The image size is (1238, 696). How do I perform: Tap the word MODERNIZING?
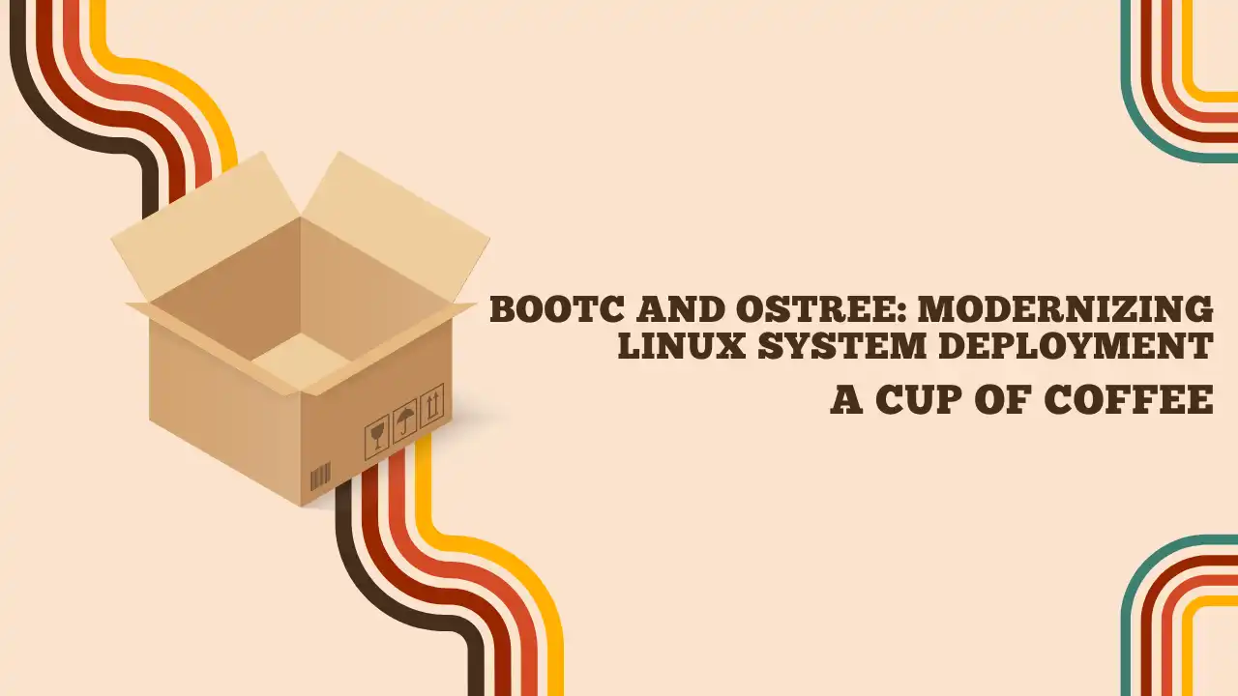1066,309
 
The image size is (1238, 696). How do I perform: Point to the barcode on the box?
320,477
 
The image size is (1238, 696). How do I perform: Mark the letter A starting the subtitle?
845,400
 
